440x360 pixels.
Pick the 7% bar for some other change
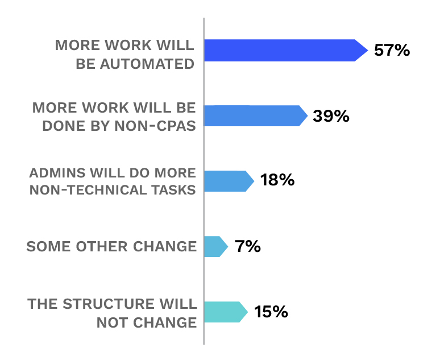pos(214,246)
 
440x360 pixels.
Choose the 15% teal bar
pos(223,312)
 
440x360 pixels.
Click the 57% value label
pos(392,50)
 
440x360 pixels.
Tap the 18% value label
pos(277,181)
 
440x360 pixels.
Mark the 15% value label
pos(271,312)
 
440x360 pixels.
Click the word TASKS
pos(174,190)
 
